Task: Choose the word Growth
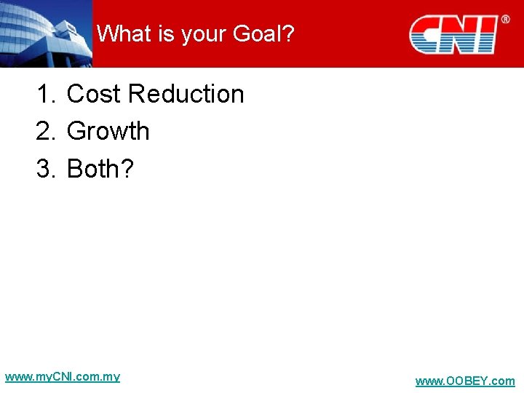[x=108, y=131]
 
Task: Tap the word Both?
[x=100, y=168]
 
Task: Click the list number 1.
[x=45, y=94]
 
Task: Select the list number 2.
[x=45, y=131]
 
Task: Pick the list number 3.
[x=45, y=168]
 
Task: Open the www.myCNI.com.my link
[x=63, y=377]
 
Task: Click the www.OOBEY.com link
[x=465, y=381]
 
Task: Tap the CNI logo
[x=453, y=34]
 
